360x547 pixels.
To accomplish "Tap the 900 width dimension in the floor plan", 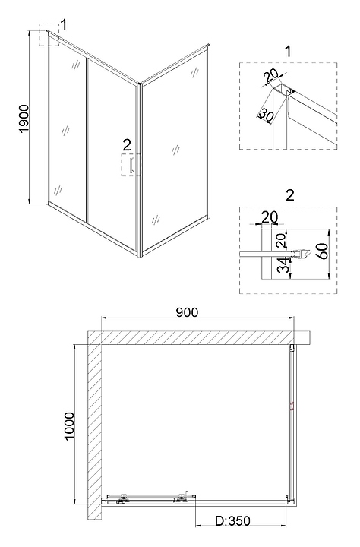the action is point(187,312).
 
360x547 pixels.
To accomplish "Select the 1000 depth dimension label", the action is point(69,426).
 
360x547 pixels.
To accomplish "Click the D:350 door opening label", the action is point(232,521).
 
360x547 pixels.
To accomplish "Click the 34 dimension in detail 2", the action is point(285,265).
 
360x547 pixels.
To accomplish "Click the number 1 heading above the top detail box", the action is point(288,52).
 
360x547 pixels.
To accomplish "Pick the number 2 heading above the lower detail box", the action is point(290,195).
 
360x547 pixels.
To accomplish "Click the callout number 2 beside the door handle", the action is point(127,145).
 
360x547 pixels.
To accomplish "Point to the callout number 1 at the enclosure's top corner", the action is point(64,25).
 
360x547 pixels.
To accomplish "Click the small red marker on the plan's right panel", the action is point(292,406).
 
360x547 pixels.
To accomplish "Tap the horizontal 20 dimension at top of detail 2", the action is point(270,217).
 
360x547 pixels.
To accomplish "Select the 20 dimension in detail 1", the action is point(271,75).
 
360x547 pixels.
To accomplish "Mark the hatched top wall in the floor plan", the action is point(191,337).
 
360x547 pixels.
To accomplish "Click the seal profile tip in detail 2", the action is point(308,254).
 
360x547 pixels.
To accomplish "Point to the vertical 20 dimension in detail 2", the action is point(283,240).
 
